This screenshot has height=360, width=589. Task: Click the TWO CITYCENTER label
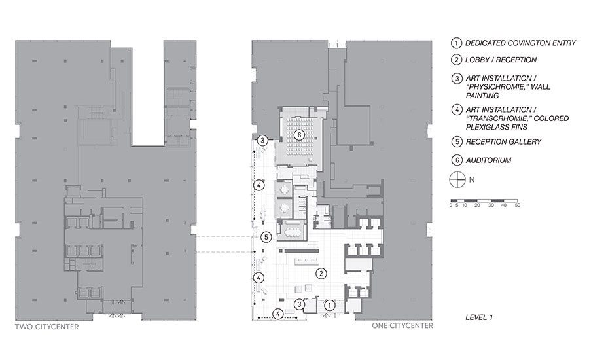[x=47, y=327]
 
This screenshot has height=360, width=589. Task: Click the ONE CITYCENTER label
[x=402, y=325]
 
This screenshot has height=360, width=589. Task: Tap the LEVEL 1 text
[x=479, y=317]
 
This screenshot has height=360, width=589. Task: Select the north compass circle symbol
[x=457, y=179]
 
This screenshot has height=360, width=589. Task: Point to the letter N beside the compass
[x=472, y=179]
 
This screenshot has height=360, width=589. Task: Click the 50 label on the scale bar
[x=517, y=205]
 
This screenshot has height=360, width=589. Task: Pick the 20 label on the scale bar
[x=477, y=205]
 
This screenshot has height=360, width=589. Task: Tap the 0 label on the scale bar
[x=451, y=205]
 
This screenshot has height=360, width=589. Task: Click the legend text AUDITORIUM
[x=488, y=160]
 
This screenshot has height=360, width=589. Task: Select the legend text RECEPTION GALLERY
[x=503, y=141]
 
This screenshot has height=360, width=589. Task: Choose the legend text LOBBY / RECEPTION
[x=501, y=60]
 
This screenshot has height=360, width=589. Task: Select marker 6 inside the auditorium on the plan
[x=299, y=135]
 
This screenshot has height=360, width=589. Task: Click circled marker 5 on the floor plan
[x=266, y=237]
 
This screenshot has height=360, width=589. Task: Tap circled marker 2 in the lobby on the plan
[x=321, y=274]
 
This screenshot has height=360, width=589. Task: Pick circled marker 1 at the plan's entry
[x=329, y=306]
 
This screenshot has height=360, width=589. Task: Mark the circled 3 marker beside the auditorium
[x=262, y=141]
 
